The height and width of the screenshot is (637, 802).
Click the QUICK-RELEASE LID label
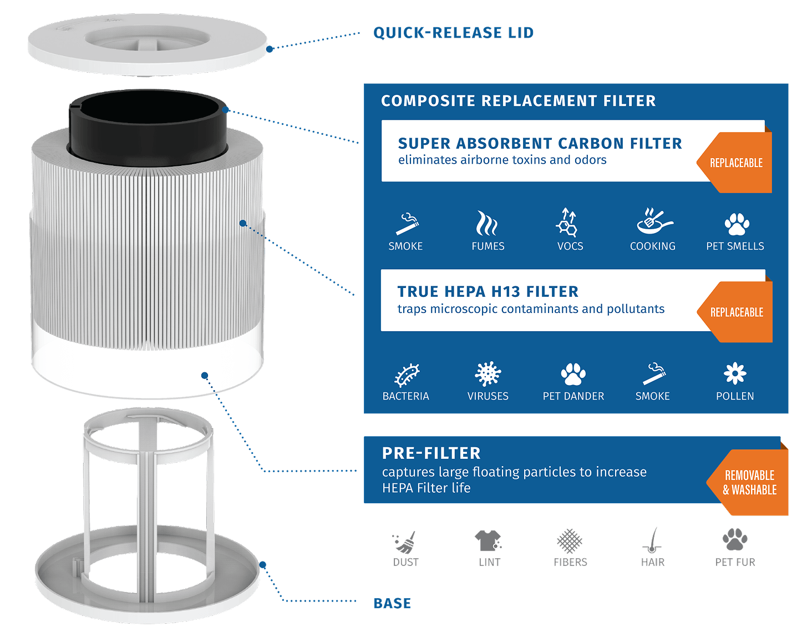click(453, 33)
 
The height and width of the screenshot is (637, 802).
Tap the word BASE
click(392, 603)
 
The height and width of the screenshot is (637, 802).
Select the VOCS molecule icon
click(567, 223)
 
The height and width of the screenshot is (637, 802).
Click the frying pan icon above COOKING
click(653, 222)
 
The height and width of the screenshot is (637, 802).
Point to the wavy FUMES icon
click(487, 223)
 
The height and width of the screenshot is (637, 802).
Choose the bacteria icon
click(407, 375)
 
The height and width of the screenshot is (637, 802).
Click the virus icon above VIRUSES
click(488, 374)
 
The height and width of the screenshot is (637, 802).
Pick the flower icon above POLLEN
click(735, 374)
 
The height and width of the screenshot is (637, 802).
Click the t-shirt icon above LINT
click(488, 540)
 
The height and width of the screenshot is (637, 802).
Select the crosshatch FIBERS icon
click(570, 540)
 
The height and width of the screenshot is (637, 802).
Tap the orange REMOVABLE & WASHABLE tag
click(749, 482)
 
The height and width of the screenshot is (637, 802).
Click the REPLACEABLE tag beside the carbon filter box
click(736, 163)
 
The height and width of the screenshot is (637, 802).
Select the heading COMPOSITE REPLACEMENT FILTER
click(518, 101)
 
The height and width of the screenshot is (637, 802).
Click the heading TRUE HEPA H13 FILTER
click(488, 292)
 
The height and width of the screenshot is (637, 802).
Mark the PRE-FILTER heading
click(431, 453)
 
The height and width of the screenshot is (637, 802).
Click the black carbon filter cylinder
click(147, 125)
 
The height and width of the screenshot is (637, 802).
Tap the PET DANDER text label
click(573, 396)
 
